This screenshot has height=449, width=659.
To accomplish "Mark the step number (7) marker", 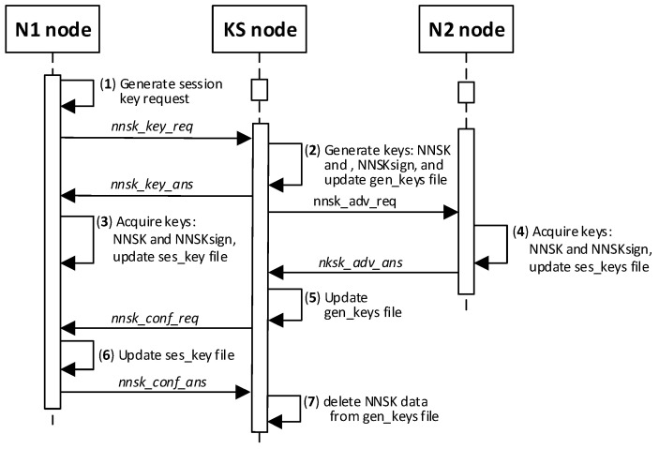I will tap(312, 401).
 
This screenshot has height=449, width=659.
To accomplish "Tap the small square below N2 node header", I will tap(466, 91).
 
